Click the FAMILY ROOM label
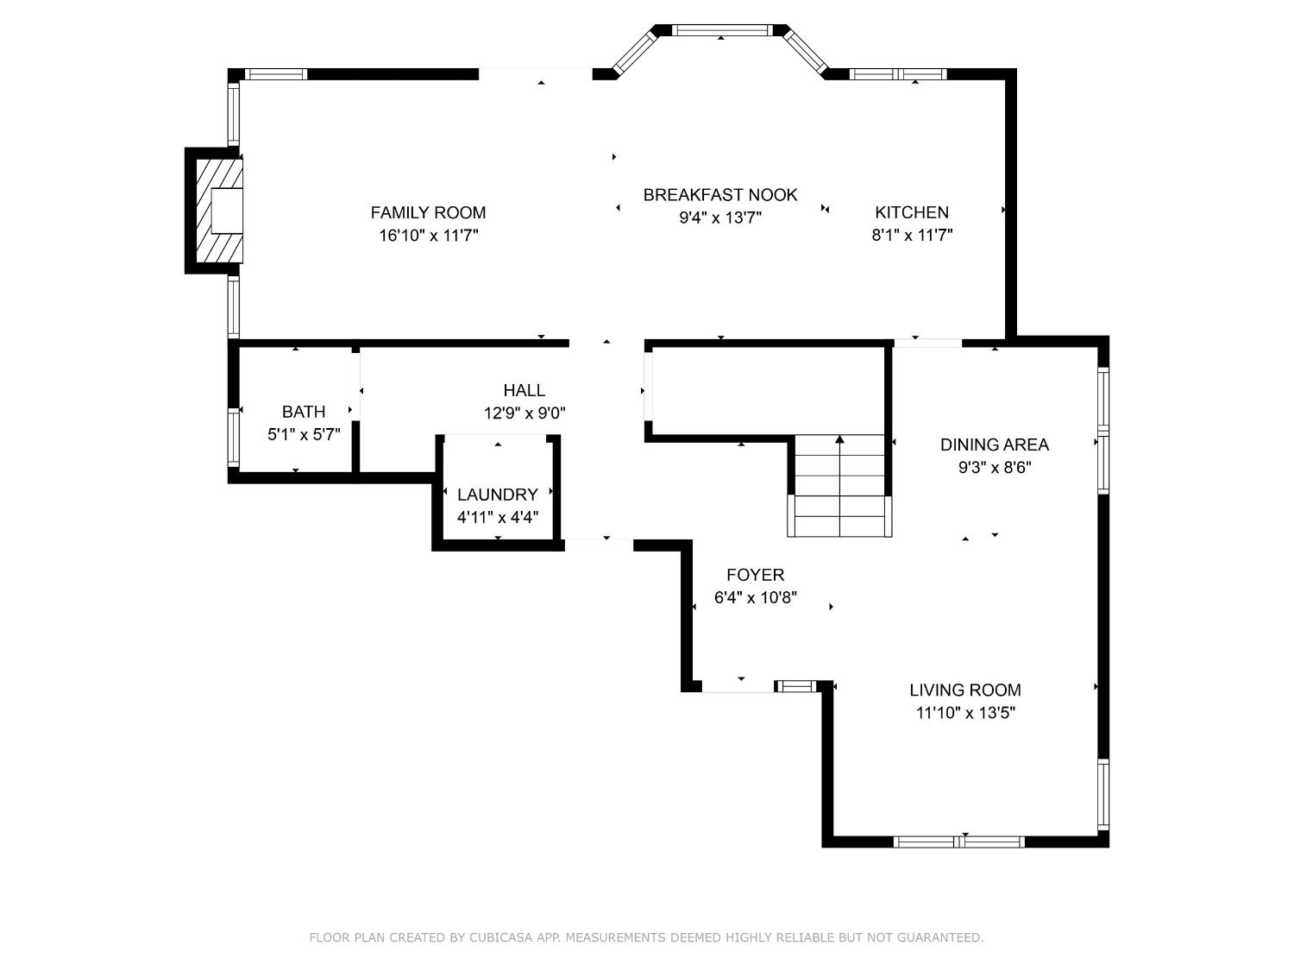[x=428, y=212]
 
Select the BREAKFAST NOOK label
[x=720, y=195]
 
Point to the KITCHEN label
[x=912, y=212]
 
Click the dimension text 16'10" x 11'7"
[x=428, y=235]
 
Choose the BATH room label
[x=304, y=412]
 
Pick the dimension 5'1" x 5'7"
[x=304, y=434]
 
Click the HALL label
[x=525, y=390]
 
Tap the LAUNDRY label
[x=498, y=495]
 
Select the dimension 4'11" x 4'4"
[x=498, y=517]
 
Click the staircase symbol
[x=839, y=486]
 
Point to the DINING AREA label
[x=995, y=445]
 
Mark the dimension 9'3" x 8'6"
[x=995, y=468]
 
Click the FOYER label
[x=756, y=575]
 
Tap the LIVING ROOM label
[x=965, y=690]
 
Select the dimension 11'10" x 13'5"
[x=965, y=713]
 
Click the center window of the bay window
[x=720, y=30]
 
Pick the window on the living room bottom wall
[x=959, y=842]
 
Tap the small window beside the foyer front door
[x=796, y=686]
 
